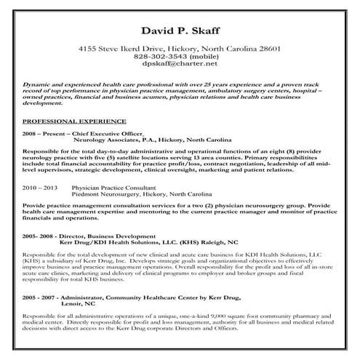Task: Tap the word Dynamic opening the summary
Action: [x=36, y=84]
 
